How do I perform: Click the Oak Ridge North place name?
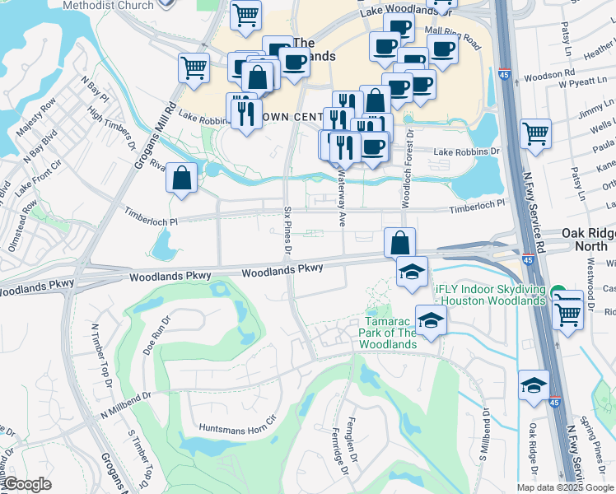pos(588,240)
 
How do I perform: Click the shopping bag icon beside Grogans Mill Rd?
pos(182,178)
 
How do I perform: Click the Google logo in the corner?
pos(26,484)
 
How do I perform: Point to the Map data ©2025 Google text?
pos(565,487)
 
